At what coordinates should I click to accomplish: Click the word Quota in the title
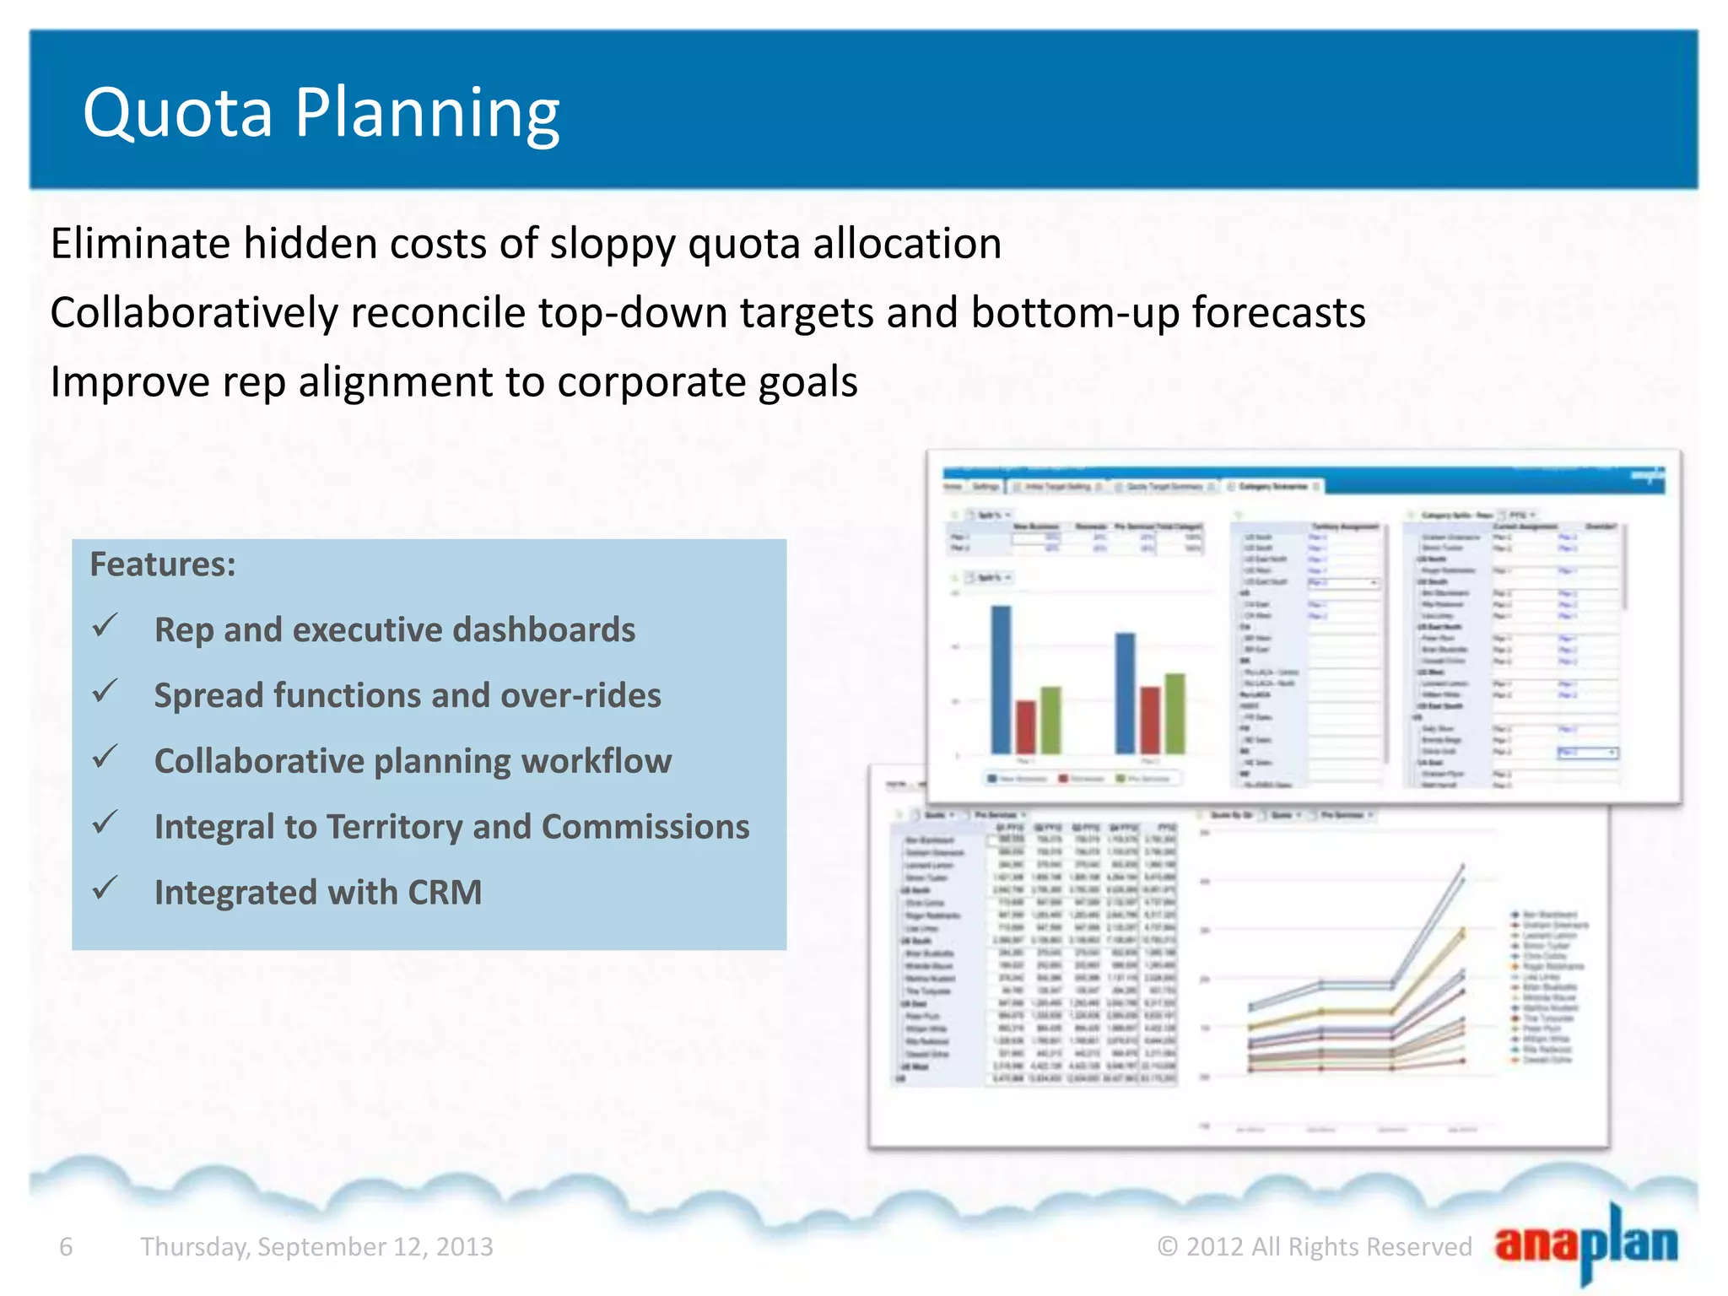click(x=178, y=113)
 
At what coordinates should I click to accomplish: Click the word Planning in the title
click(x=427, y=113)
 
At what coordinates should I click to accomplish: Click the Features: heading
click(x=163, y=564)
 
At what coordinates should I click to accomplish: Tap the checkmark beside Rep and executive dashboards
click(x=105, y=626)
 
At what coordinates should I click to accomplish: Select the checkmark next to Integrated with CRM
click(x=105, y=888)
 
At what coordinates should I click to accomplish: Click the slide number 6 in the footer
click(x=66, y=1246)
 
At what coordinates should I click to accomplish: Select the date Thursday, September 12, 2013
click(x=316, y=1246)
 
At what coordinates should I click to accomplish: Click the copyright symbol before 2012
click(x=1167, y=1246)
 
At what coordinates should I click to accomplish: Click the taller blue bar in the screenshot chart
click(x=1001, y=679)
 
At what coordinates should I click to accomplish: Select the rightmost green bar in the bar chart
click(x=1174, y=713)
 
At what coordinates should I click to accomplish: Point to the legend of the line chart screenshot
click(x=1547, y=986)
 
